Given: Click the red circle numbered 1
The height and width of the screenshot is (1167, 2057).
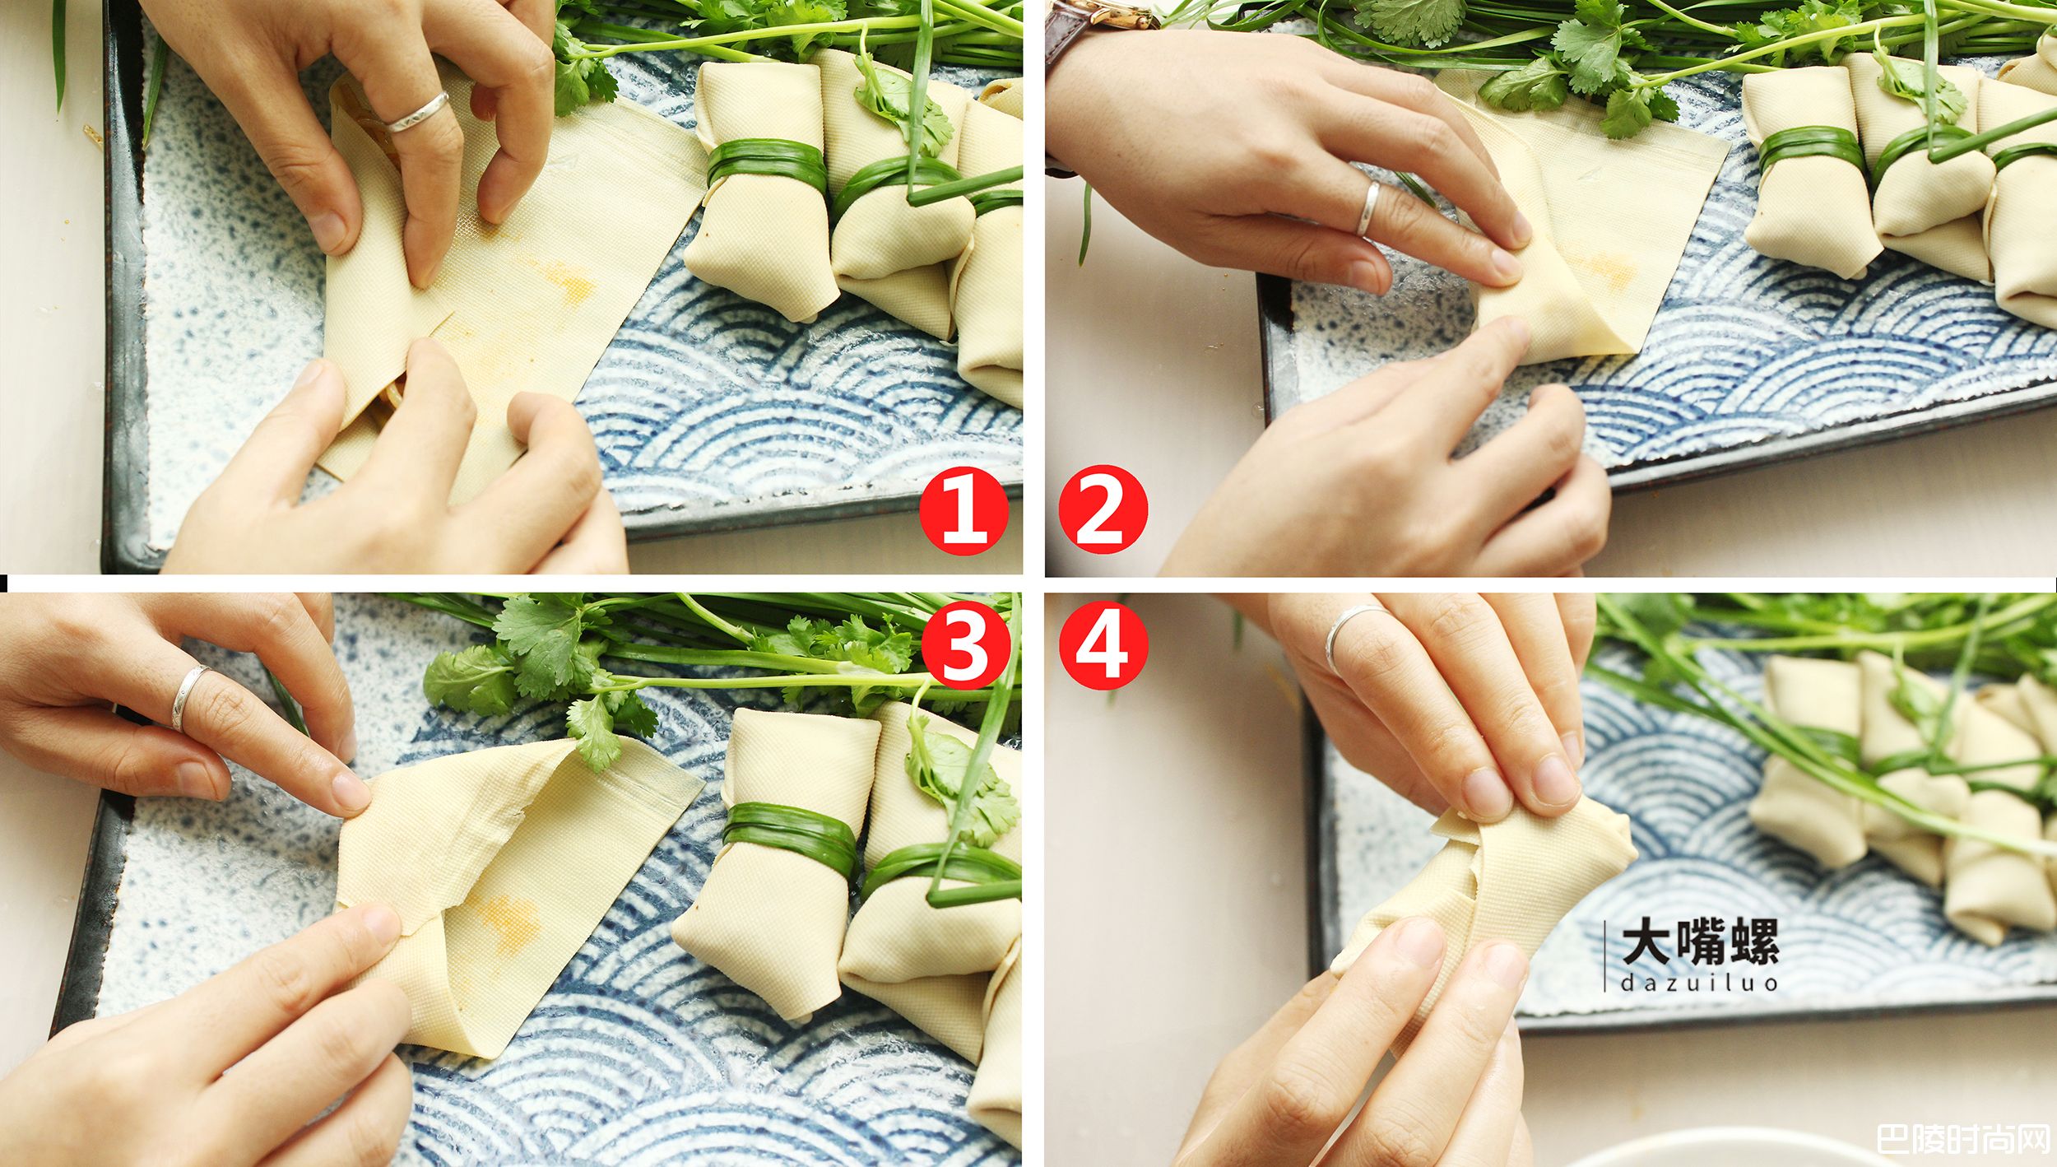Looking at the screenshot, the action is pyautogui.click(x=963, y=510).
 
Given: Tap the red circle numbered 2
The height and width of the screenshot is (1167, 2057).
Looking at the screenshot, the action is pyautogui.click(x=1103, y=510).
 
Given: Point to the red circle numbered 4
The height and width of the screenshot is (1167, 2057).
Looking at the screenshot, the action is pyautogui.click(x=1103, y=645).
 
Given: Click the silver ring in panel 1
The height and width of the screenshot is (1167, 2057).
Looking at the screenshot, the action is pyautogui.click(x=417, y=113).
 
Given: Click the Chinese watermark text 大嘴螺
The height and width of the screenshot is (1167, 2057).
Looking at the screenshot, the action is pyautogui.click(x=1700, y=942).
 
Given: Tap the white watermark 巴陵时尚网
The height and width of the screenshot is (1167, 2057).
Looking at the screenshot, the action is pyautogui.click(x=1963, y=1140).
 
